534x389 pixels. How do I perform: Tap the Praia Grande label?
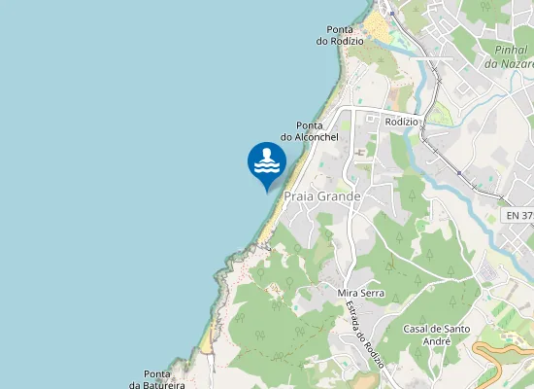pyautogui.click(x=321, y=195)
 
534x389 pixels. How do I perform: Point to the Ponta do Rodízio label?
pyautogui.click(x=340, y=35)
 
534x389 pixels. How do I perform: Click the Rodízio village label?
pyautogui.click(x=401, y=122)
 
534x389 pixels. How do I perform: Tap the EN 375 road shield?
pyautogui.click(x=519, y=214)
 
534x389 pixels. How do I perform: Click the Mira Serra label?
pyautogui.click(x=361, y=293)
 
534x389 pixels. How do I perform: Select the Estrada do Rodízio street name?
pyautogui.click(x=365, y=334)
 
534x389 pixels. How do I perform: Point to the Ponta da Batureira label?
pyautogui.click(x=156, y=379)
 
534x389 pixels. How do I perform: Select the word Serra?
pyautogui.click(x=373, y=293)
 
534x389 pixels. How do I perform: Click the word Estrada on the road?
pyautogui.click(x=354, y=314)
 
